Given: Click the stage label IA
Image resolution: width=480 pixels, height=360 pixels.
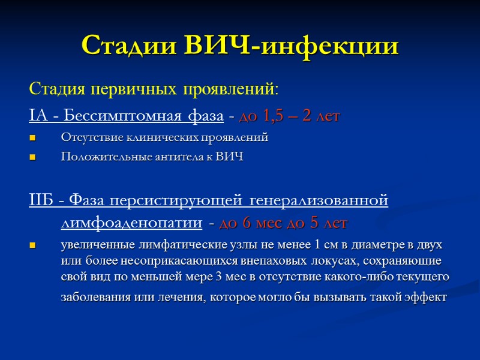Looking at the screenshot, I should tap(36, 115).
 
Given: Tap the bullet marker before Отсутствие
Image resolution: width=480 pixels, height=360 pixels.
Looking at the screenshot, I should tap(32, 138).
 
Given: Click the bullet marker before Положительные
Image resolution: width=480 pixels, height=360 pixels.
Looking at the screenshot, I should tap(32, 157).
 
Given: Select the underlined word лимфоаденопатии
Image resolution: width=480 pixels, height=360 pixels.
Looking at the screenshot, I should tap(131, 224).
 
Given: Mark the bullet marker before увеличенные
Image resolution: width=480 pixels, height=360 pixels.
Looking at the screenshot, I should tap(32, 246).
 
